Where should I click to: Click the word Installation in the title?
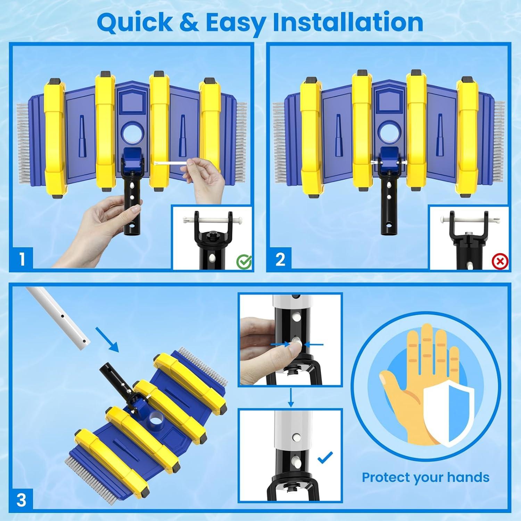coord(348,22)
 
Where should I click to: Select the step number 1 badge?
coord(22,259)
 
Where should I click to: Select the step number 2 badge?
coord(280,259)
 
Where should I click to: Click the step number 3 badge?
coord(22,501)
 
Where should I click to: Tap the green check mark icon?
coord(244,262)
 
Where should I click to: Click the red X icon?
coord(501,261)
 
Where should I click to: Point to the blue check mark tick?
coord(325,457)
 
